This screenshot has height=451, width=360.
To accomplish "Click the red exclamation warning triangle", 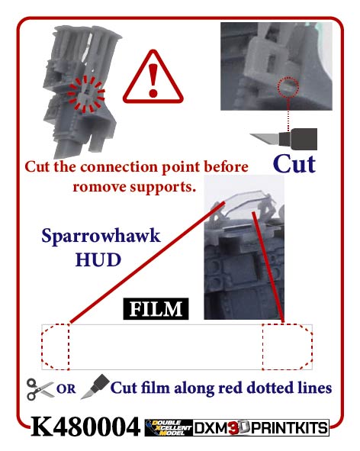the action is point(153,78).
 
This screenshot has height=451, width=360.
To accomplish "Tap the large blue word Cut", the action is point(294,164).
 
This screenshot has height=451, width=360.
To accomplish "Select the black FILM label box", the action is point(156,309).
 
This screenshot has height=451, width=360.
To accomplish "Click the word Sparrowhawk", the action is point(101,237).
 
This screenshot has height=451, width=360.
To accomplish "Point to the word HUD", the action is point(98,259).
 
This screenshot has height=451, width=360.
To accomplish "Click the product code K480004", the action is point(85,427).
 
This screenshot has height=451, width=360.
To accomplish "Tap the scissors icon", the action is point(40,389).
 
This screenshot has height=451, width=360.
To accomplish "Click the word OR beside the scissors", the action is point(66,389).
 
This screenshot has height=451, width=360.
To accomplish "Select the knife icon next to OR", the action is point(95,387).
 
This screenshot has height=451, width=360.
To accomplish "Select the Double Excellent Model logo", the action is point(169,427).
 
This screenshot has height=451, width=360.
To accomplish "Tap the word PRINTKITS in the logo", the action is point(289,427).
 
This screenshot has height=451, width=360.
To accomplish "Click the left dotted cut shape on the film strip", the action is point(56,347).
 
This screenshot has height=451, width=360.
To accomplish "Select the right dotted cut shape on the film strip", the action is point(288,347).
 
